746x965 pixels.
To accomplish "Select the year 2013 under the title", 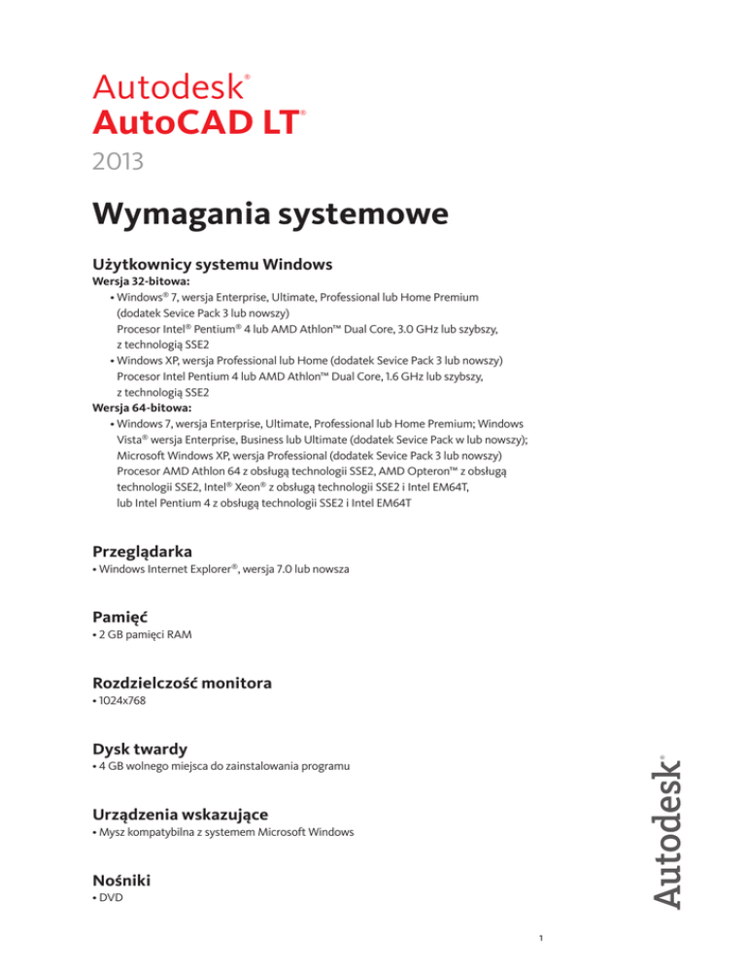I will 119,160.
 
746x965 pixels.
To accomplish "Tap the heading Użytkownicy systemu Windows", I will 213,264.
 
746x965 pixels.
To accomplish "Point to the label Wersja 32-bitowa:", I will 137,282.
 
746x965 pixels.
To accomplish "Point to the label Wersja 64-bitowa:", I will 137,409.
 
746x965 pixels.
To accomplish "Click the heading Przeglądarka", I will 150,551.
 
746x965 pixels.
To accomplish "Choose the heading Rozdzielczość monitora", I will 182,683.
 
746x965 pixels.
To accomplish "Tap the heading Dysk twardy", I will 141,749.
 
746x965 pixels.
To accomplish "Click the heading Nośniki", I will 121,882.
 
